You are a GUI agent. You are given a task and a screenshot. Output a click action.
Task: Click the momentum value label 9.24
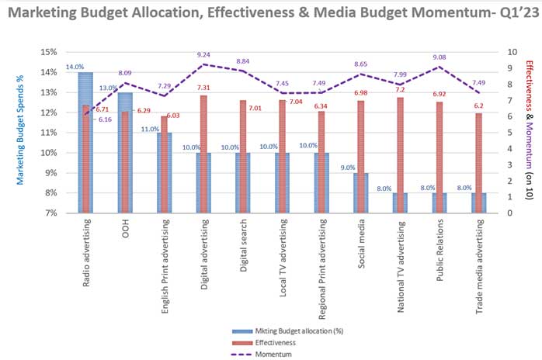tap(203, 55)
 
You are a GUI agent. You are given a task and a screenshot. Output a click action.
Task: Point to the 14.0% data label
tap(75, 67)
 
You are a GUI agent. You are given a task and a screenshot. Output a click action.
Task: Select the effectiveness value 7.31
tap(221, 88)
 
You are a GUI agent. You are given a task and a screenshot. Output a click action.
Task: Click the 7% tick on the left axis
tap(50, 213)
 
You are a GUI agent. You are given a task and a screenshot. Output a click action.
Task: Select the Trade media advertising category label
tap(480, 261)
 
